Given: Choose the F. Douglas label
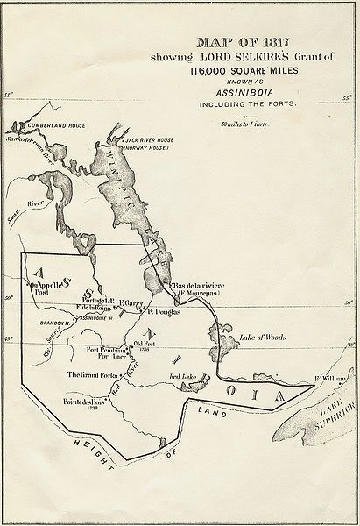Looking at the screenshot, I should (x=162, y=311).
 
